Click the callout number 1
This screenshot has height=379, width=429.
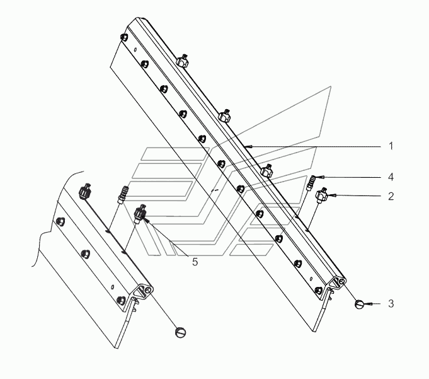391,146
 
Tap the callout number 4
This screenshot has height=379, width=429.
391,177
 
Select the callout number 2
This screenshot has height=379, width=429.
391,196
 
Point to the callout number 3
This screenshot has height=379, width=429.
391,304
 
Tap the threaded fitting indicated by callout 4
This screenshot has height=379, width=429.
311,183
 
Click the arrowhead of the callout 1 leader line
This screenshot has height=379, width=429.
251,146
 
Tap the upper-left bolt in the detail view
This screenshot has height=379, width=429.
60,221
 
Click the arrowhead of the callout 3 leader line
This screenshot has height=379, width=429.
367,304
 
